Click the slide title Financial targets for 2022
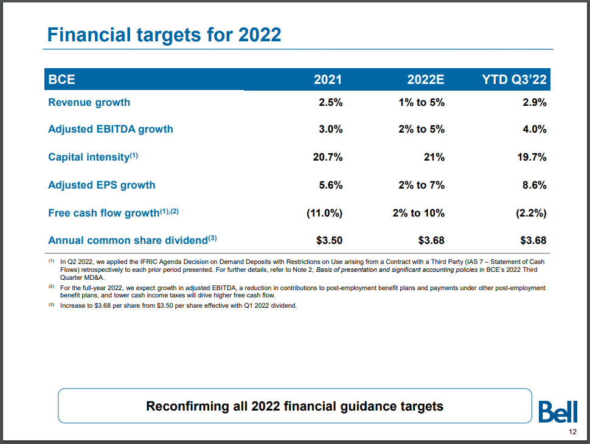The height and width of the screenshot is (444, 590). click(164, 34)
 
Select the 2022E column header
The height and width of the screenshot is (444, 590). click(426, 80)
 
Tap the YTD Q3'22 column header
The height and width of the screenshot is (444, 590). click(514, 80)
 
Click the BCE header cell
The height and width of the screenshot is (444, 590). click(61, 80)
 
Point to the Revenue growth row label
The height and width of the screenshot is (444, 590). click(89, 102)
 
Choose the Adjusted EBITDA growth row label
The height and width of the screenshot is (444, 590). click(110, 129)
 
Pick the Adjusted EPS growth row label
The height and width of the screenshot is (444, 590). click(102, 185)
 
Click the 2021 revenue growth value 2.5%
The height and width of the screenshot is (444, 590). click(330, 102)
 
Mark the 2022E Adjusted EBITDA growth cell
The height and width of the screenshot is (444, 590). click(421, 129)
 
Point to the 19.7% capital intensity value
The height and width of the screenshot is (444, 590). click(530, 157)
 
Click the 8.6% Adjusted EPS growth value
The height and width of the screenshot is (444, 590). click(534, 185)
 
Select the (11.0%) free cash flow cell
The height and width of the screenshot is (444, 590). click(324, 213)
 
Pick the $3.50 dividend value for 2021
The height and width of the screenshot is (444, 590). click(328, 240)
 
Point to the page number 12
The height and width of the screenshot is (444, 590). click(572, 432)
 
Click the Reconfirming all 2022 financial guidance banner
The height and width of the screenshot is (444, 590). click(294, 406)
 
